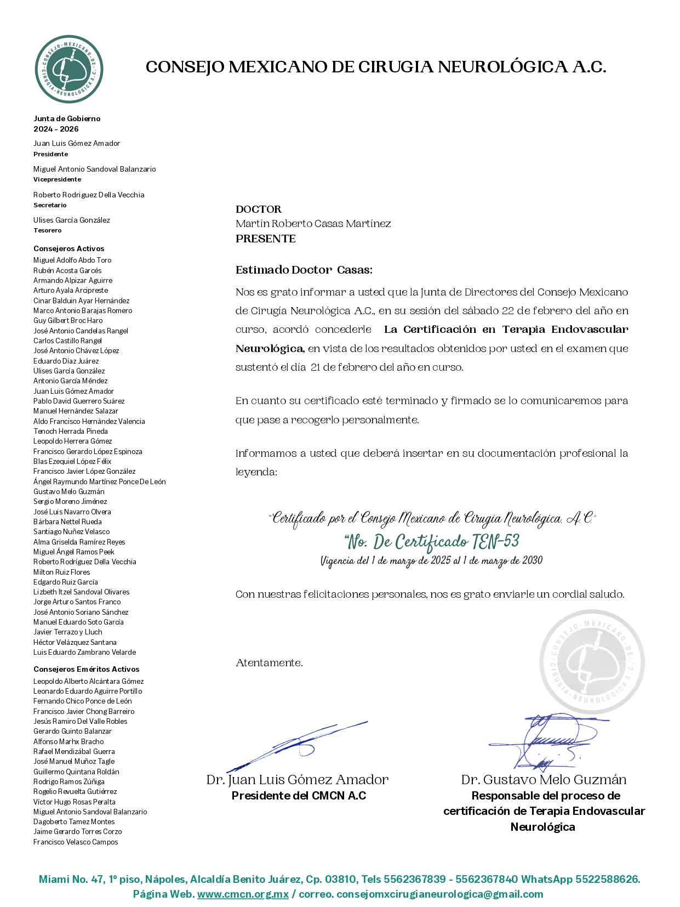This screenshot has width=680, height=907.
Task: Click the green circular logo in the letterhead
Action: [x=69, y=69]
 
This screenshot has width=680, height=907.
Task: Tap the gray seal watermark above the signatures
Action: [x=592, y=662]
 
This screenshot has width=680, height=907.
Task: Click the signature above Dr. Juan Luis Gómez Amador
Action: [x=296, y=746]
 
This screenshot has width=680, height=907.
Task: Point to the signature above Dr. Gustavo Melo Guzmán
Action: [x=548, y=740]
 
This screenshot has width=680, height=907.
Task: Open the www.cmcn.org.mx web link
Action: [x=243, y=894]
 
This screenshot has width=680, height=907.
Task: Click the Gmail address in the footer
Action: [x=439, y=894]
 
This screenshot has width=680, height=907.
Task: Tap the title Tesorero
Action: [x=48, y=230]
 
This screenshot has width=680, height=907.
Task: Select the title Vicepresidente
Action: [x=57, y=179]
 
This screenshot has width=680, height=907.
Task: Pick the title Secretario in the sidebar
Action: [x=50, y=205]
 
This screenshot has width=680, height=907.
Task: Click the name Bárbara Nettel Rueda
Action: [x=67, y=521]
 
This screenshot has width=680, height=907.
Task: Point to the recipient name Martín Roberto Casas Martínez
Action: [x=313, y=224]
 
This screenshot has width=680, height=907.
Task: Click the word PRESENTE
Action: [x=266, y=239]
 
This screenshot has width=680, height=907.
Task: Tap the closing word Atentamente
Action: [x=269, y=663]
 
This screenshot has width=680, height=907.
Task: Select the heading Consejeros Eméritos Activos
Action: [x=87, y=669]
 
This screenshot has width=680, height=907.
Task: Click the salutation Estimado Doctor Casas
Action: [x=304, y=270]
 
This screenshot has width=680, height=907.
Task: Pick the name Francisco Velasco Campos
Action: [x=76, y=842]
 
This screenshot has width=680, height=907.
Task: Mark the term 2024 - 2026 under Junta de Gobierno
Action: [x=56, y=129]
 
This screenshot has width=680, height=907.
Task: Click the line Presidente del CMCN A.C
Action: [x=299, y=796]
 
